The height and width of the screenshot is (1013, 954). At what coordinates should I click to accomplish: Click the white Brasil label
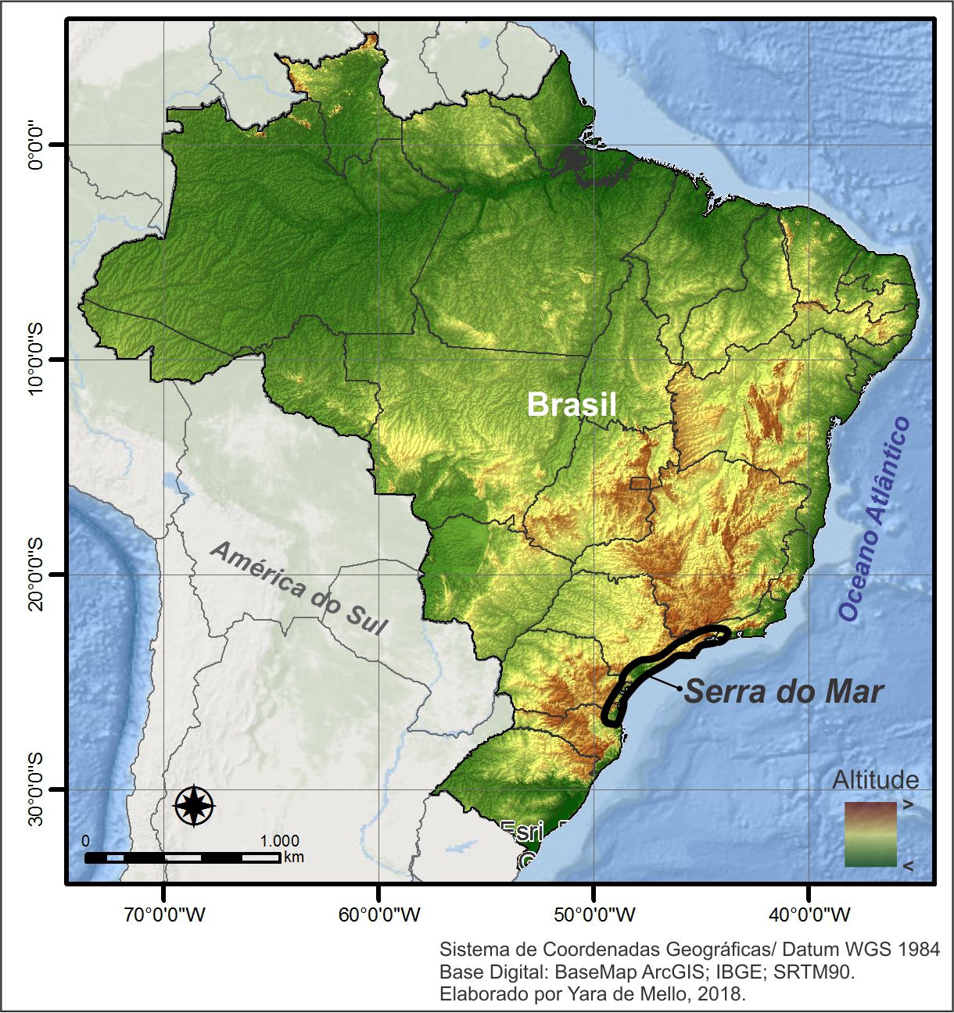click(572, 405)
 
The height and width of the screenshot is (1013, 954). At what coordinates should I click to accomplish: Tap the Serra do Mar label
click(784, 692)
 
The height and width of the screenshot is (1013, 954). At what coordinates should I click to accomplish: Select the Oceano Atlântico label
click(876, 519)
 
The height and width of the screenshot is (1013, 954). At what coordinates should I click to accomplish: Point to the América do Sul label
click(299, 588)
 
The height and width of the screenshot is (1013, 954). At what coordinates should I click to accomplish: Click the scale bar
click(182, 857)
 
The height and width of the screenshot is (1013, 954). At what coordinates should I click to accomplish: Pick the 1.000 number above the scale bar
click(279, 841)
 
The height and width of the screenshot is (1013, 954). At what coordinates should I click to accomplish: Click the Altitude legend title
click(875, 780)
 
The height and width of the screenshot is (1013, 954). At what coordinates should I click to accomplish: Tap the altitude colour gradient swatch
click(870, 835)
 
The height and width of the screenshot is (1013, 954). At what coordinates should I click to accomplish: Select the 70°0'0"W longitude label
click(164, 915)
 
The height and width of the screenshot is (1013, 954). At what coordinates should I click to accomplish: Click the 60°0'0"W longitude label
click(379, 915)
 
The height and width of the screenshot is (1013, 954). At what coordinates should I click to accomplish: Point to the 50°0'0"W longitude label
click(594, 915)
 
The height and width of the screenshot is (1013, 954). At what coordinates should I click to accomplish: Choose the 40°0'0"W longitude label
click(809, 915)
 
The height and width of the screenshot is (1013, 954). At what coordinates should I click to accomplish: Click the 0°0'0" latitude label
click(36, 145)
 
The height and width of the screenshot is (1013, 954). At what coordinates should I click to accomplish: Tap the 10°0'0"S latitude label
click(36, 360)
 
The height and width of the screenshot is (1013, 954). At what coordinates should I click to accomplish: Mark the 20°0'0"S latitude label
click(36, 575)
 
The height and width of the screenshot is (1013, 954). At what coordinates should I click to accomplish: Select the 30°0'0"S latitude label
click(36, 790)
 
